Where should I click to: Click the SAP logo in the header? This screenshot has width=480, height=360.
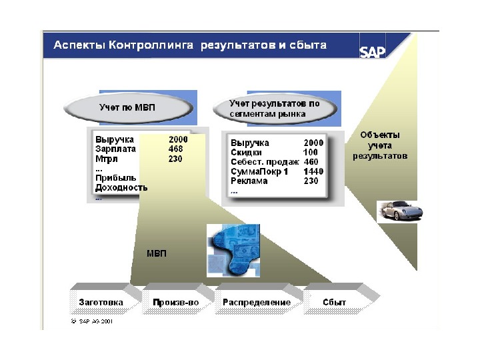coord(373,51)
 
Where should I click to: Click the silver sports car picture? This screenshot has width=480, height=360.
coord(399,211)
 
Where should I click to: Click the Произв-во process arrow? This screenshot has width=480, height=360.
coord(176,302)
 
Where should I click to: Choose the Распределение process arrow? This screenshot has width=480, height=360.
coord(257,302)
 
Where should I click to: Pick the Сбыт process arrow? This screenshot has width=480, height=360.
coord(335,302)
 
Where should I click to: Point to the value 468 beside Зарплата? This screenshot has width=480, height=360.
coord(176,149)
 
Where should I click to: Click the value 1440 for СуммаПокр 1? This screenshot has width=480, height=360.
coord(313,171)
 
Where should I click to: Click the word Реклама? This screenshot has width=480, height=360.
coord(249,181)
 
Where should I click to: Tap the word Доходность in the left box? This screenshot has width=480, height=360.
coord(121,187)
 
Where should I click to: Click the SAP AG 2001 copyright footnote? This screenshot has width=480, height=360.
coord(94,321)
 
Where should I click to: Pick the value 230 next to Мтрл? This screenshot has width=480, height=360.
coord(176,159)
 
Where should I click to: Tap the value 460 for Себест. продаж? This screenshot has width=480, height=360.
coord(311,162)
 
